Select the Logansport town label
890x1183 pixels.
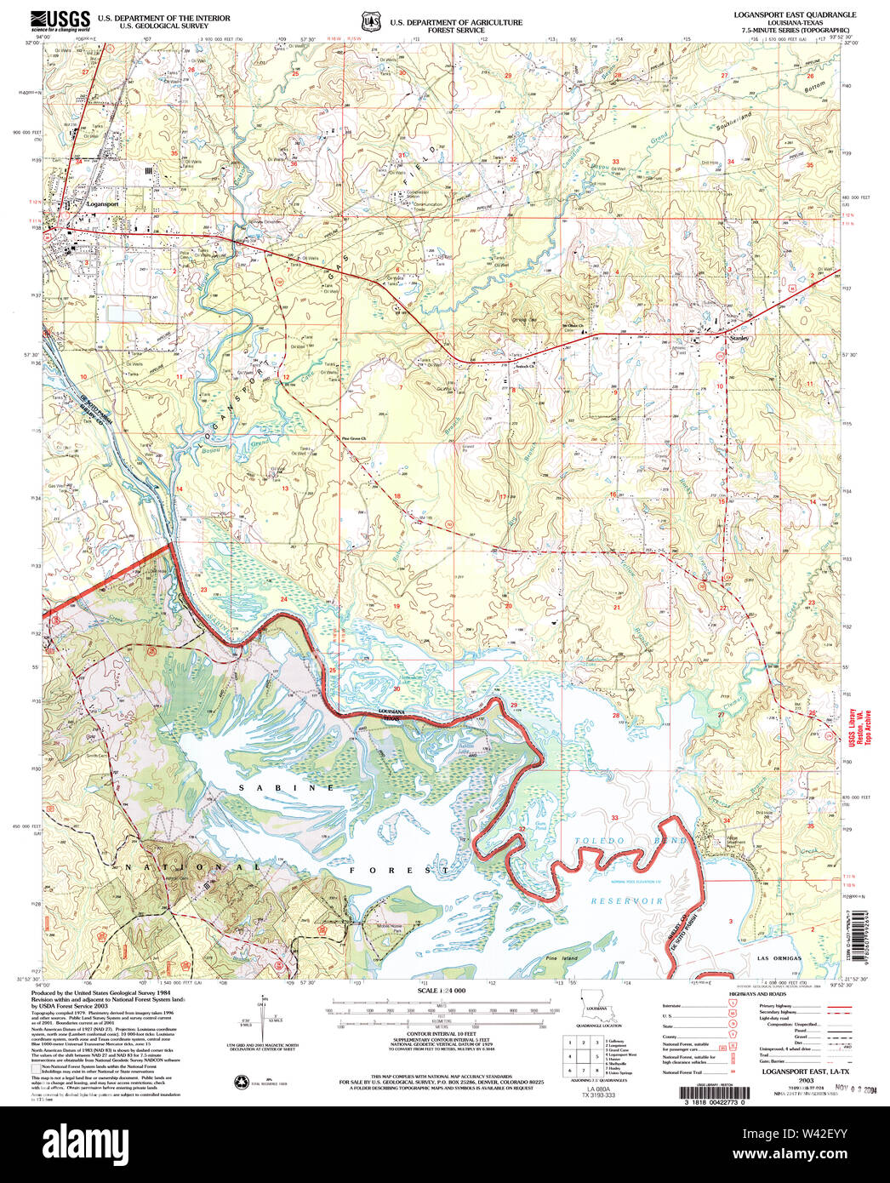[x=101, y=205]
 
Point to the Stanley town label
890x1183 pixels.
[x=739, y=338]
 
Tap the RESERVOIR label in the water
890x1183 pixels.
[x=627, y=900]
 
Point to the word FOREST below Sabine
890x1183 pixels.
[x=400, y=871]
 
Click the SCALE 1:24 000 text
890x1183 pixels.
[x=441, y=992]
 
